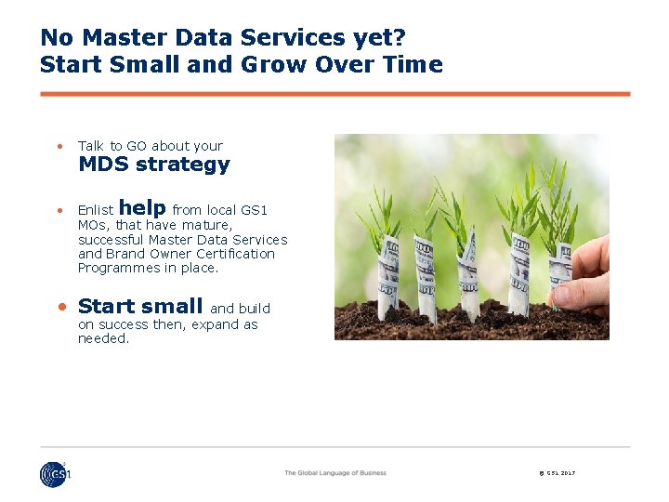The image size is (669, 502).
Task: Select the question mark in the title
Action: point(400,38)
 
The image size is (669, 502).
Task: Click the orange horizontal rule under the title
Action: point(334,94)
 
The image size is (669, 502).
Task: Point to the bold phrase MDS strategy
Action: point(153,165)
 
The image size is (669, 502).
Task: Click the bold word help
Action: point(142,208)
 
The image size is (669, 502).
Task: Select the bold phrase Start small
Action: point(140,306)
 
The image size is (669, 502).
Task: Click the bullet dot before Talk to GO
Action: point(59,146)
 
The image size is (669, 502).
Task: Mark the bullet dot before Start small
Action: point(60,307)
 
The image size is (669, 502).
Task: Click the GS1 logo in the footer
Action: point(55,474)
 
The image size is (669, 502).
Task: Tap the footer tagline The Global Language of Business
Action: point(334,473)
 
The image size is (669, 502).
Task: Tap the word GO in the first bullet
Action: point(137,146)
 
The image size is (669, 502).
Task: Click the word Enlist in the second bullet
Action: point(96,211)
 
